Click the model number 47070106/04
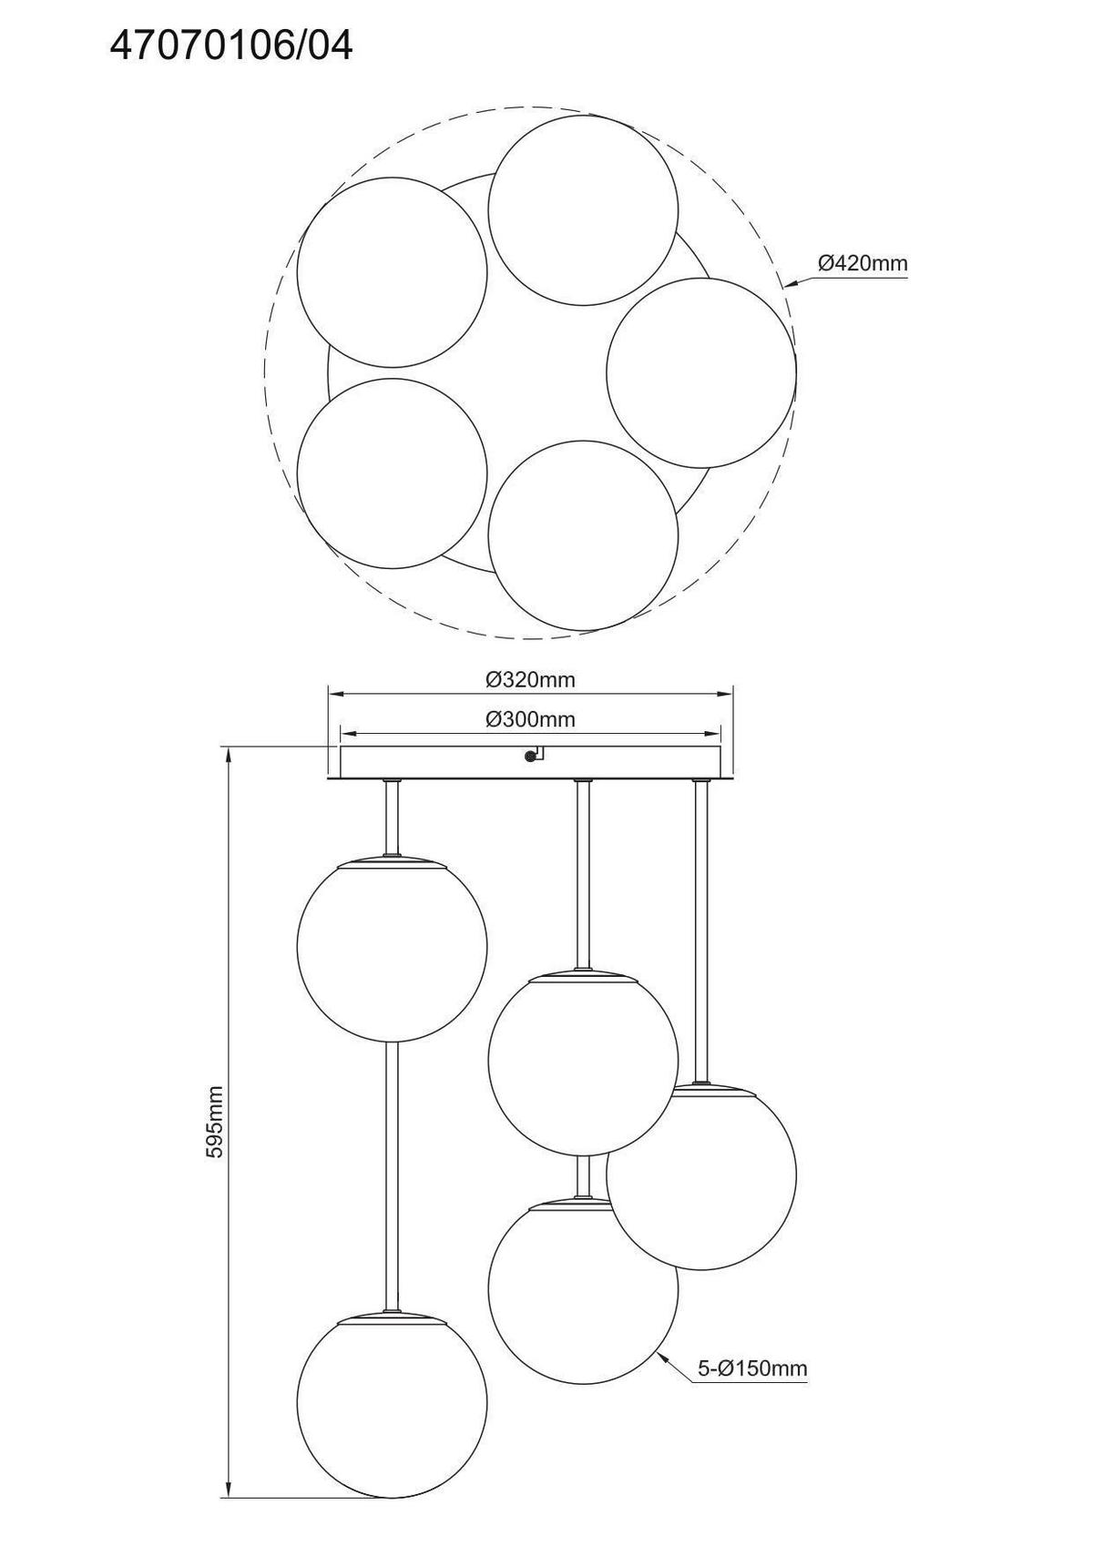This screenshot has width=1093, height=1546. pyautogui.click(x=231, y=46)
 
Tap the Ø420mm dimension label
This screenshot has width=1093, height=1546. pyautogui.click(x=863, y=263)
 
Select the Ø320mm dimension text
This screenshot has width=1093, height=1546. pyautogui.click(x=530, y=680)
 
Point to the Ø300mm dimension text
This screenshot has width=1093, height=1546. pyautogui.click(x=530, y=719)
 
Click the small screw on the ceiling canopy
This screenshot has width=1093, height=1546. pyautogui.click(x=530, y=757)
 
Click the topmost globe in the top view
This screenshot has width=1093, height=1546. pyautogui.click(x=583, y=209)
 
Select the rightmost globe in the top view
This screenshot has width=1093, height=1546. pyautogui.click(x=701, y=372)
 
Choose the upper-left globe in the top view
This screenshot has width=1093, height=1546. pyautogui.click(x=393, y=272)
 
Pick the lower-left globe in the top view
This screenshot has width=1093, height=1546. pyautogui.click(x=393, y=473)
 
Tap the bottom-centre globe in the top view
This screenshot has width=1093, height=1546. pyautogui.click(x=583, y=535)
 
